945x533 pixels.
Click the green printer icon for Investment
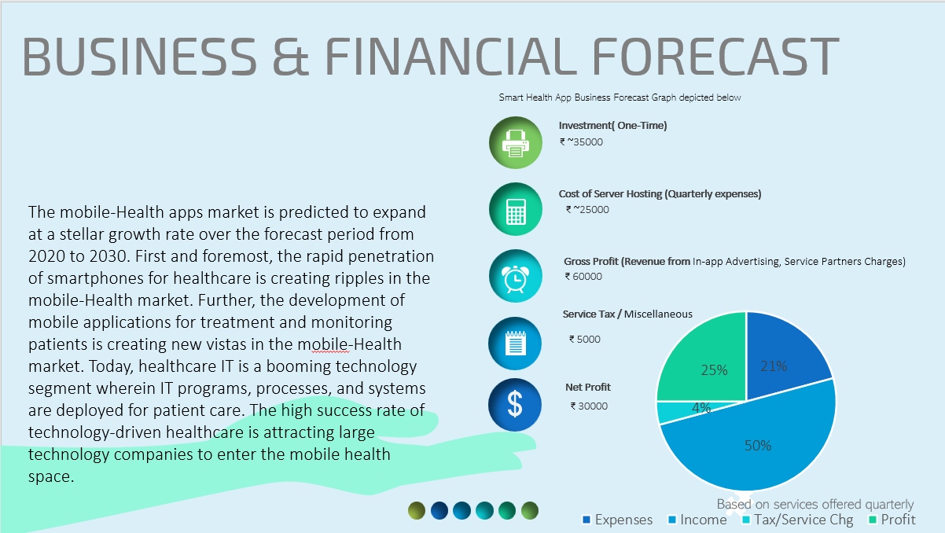(516, 142)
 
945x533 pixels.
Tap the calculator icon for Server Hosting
(516, 209)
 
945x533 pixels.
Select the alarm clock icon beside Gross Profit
(516, 276)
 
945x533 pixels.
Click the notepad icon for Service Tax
(515, 343)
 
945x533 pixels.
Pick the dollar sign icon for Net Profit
(515, 405)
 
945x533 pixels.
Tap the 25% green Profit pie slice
(709, 363)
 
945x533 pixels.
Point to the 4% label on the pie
(701, 408)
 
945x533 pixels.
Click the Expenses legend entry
(617, 520)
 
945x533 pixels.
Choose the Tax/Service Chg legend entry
(798, 520)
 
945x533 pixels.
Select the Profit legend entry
(892, 520)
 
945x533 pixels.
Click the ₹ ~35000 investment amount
(581, 142)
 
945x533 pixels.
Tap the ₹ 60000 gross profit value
(583, 277)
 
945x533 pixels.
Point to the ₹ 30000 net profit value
(589, 406)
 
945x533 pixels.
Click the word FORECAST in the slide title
(715, 57)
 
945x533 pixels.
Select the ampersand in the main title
(291, 57)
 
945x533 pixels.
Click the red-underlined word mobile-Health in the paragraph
(349, 344)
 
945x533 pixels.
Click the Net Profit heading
(587, 387)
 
